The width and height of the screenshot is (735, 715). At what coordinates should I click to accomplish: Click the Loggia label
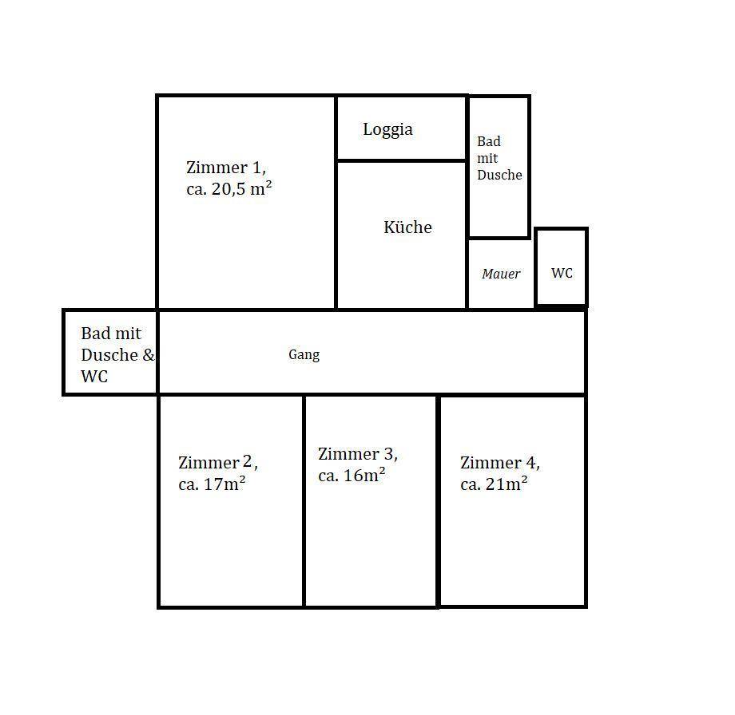(x=387, y=130)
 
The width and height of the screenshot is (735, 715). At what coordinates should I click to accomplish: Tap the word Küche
(x=407, y=227)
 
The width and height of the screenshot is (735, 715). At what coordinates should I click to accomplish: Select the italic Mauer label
(x=501, y=274)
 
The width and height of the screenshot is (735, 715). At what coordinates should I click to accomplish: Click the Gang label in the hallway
(x=304, y=355)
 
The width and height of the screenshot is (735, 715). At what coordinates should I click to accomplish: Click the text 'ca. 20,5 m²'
(x=228, y=188)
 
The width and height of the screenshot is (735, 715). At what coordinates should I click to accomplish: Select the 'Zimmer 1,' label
(x=226, y=167)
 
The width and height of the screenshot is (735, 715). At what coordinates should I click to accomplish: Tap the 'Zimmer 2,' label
(x=218, y=463)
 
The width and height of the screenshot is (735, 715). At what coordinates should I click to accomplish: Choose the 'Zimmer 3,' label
(x=358, y=454)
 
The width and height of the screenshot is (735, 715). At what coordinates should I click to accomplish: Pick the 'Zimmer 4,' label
(x=499, y=463)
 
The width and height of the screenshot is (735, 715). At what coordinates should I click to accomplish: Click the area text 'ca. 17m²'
(x=212, y=484)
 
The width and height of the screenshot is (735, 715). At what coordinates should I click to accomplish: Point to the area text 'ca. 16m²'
(x=352, y=475)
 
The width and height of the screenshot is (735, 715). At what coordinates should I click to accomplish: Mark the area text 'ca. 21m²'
(x=494, y=484)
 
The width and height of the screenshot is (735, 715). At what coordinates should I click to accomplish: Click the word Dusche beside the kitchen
(x=499, y=175)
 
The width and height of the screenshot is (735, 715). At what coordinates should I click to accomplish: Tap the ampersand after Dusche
(x=148, y=355)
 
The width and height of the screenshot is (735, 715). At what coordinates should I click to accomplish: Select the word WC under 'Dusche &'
(x=94, y=376)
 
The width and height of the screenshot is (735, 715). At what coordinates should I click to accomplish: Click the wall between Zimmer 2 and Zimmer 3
(x=304, y=501)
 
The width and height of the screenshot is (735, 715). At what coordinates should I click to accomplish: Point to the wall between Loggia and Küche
(x=402, y=160)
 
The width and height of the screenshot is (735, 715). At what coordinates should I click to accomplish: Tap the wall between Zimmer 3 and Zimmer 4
(x=438, y=501)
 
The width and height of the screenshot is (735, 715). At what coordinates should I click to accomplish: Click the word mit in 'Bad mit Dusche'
(x=487, y=158)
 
